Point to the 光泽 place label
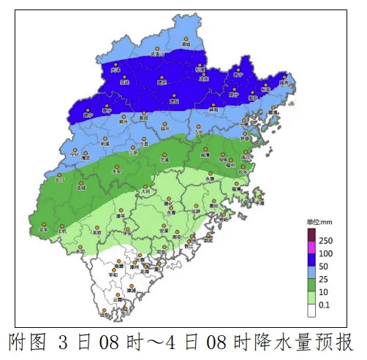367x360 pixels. pyautogui.click(x=115, y=70)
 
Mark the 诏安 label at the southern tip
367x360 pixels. pyautogui.click(x=105, y=316)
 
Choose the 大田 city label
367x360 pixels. pyautogui.click(x=146, y=191)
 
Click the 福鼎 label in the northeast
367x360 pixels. pyautogui.click(x=284, y=83)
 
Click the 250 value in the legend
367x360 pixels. pyautogui.click(x=325, y=241)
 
